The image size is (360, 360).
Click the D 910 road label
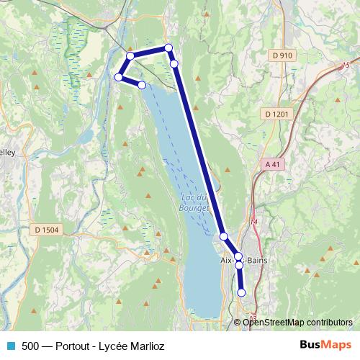pos(283,55)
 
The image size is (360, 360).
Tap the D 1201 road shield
pos(276,114)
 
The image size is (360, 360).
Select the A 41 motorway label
pos(271,164)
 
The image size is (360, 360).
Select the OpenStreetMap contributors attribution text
pos(297,322)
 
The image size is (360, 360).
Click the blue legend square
pos(10,346)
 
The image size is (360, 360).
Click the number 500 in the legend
pos(31,346)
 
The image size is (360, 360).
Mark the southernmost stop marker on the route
pos(241,292)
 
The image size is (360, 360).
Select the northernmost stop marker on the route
pos(168,48)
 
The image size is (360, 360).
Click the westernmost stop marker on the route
pos(120,76)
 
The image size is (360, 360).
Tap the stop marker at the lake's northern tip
pos(142,85)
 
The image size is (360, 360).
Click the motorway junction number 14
pos(253,222)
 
